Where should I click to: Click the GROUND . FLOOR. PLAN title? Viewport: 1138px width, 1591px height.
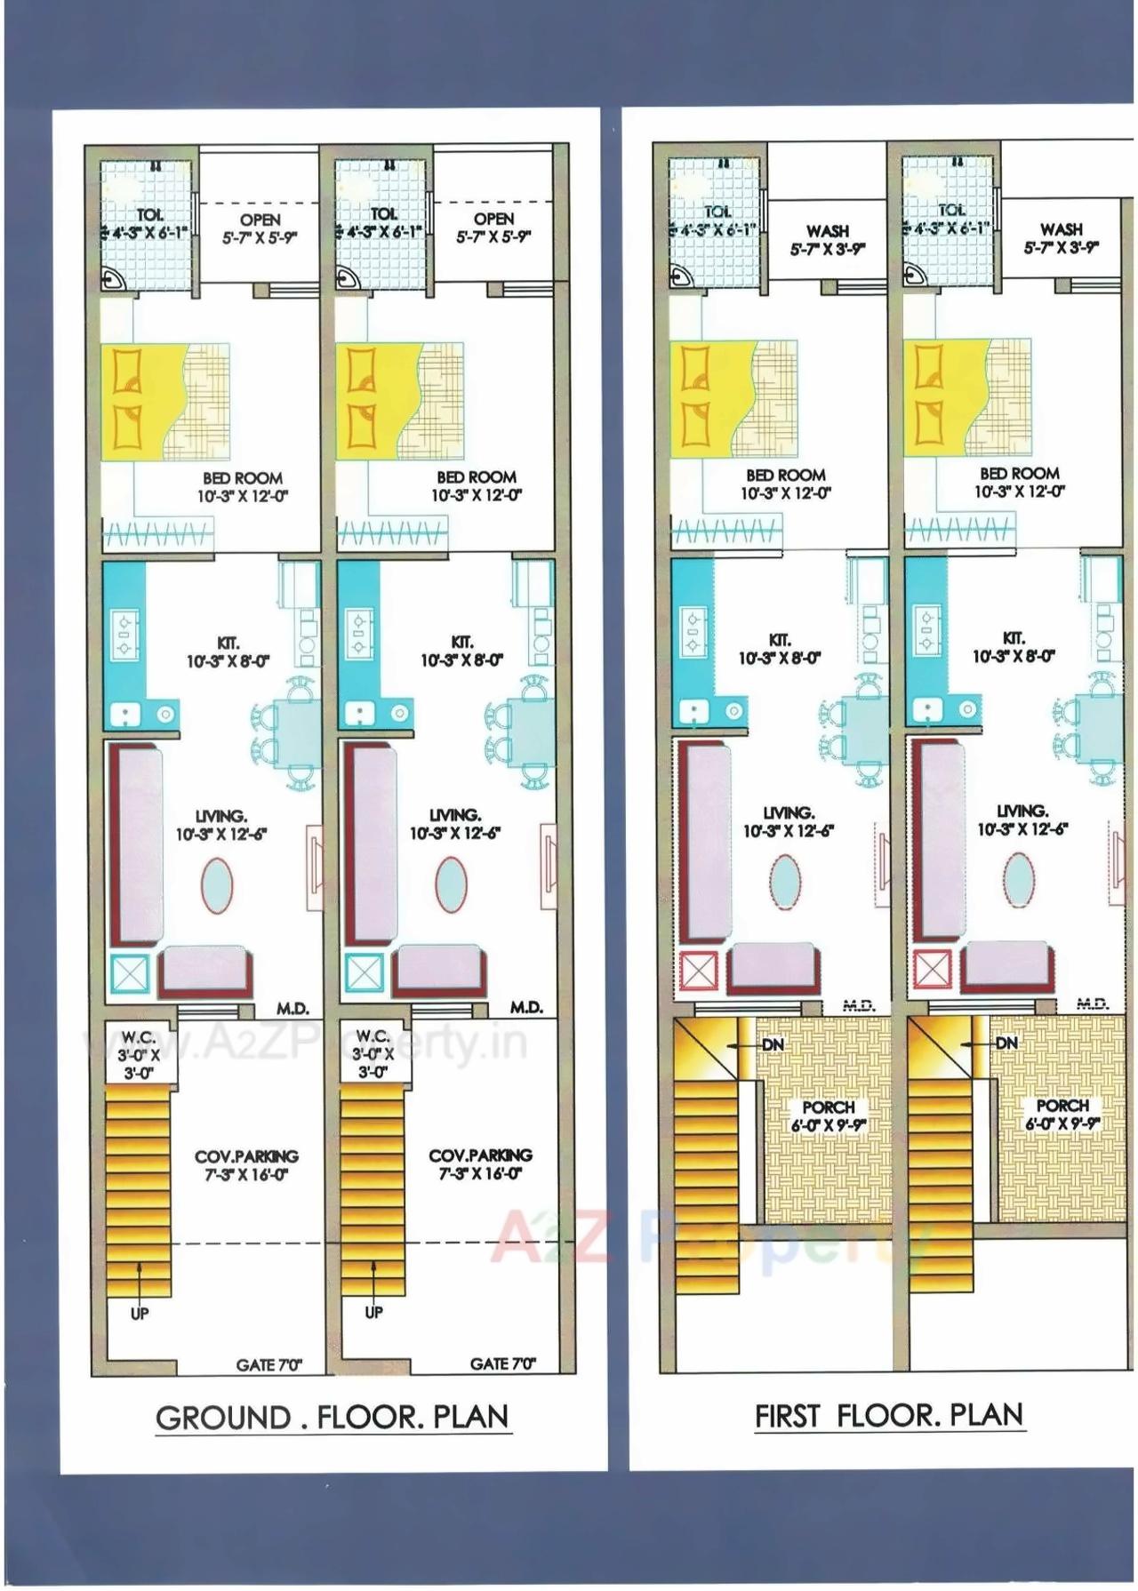333,1417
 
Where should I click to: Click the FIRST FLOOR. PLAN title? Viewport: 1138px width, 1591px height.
889,1415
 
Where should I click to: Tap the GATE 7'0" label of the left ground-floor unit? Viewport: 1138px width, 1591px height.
269,1364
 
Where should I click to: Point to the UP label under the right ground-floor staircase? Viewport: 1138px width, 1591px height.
374,1313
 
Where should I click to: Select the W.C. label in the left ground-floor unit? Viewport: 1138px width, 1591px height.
139,1037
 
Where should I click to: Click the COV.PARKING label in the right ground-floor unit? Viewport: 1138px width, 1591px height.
480,1155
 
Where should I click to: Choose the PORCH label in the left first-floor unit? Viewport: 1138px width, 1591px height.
828,1107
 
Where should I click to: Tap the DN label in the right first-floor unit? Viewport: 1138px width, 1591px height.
1006,1043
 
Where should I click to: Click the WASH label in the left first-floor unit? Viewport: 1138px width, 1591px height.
828,231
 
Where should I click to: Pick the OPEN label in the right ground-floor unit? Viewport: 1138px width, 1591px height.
493,219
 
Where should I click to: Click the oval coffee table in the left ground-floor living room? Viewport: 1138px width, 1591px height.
218,884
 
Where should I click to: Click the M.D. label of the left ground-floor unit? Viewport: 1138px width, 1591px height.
293,1009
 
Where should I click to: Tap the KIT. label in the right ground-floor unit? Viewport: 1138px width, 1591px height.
462,642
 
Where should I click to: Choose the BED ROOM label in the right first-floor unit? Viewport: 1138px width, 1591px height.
1020,474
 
